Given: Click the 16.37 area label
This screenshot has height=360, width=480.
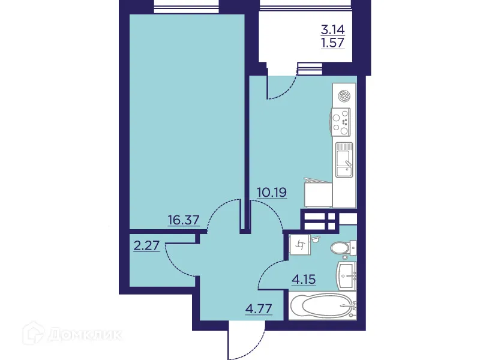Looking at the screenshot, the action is pos(184,220).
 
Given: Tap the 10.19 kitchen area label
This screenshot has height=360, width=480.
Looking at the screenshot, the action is pos(272,193).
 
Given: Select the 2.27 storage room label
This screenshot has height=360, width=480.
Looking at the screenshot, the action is pos(147,245).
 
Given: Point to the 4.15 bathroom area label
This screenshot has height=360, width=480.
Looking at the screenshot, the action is pos(304,279).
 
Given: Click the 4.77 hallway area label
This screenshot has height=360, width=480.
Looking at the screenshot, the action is pos(259,308).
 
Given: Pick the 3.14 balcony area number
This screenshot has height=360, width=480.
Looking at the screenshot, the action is pos(333,30).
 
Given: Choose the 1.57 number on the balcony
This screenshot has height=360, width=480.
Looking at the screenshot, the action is pos(333,43).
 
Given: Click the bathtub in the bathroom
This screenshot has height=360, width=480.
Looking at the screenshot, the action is pos(323,306).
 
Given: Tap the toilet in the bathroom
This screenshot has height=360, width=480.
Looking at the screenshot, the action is pos(343,247).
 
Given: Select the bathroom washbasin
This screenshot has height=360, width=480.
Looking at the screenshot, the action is pos(347,276).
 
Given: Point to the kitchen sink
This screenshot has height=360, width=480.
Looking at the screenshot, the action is pos(344,160).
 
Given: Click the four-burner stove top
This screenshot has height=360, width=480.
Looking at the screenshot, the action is pos(340,122).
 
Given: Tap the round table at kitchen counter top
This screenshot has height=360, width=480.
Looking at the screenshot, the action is pos(344,96).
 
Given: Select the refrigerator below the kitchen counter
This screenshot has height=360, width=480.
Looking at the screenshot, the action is pos(318,193).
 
